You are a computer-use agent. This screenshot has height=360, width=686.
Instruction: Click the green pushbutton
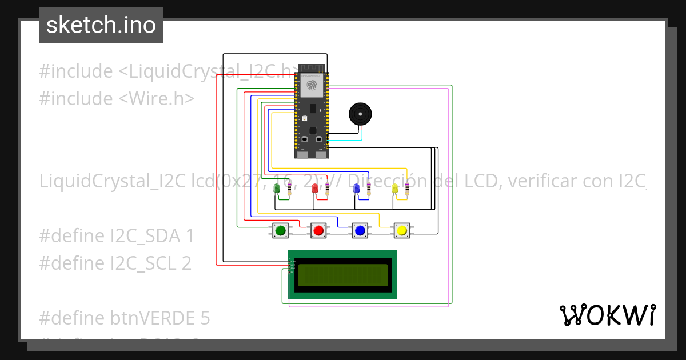tap(280, 230)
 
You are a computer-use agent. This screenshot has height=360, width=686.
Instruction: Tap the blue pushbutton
tap(360, 230)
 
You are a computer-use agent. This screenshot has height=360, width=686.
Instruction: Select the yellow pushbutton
tap(401, 230)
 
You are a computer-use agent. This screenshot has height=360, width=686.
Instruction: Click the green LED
tap(277, 188)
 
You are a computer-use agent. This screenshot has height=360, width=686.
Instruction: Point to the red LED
tap(315, 189)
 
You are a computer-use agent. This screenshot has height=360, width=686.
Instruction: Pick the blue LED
tap(357, 188)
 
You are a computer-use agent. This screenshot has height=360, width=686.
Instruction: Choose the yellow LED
tap(394, 188)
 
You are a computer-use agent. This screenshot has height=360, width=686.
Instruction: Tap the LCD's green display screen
tap(342, 275)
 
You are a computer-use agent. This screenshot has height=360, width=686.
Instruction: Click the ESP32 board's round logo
tap(312, 86)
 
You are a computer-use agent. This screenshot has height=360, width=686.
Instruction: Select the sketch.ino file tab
tap(101, 25)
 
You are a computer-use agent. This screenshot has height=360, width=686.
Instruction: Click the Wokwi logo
tap(607, 315)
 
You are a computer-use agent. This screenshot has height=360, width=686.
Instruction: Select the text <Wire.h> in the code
tap(156, 98)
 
